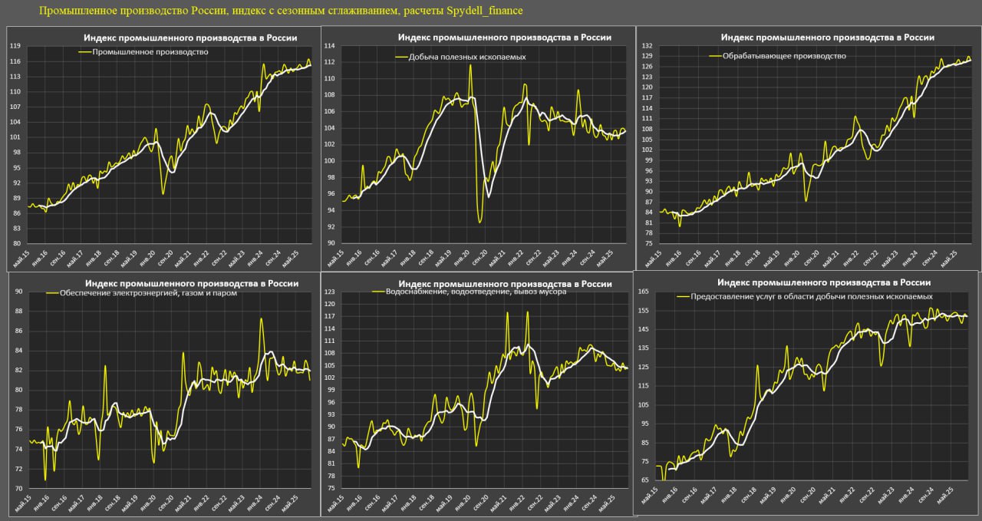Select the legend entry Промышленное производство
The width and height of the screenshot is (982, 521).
[150, 52]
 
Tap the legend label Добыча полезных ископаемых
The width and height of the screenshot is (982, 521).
[467, 57]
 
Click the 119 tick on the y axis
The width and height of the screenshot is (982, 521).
[15, 46]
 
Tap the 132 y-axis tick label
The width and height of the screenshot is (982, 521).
[647, 46]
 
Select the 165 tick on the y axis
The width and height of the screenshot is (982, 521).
[643, 292]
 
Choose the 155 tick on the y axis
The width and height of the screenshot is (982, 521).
[643, 311]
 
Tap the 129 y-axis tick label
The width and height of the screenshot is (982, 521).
[647, 56]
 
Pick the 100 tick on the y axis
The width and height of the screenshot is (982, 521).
[330, 161]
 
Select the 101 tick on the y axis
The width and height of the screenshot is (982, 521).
[15, 137]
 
